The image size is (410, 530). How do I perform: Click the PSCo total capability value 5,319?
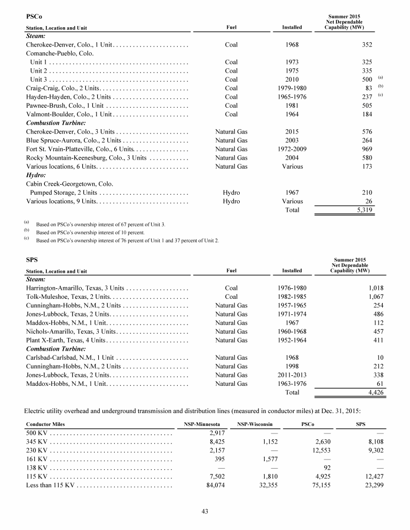coord(363,211)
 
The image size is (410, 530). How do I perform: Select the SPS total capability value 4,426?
coord(373,392)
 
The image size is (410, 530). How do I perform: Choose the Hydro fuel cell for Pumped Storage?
coord(231,193)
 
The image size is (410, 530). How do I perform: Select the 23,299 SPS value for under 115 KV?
coord(373,485)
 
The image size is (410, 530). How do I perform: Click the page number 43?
coord(204,511)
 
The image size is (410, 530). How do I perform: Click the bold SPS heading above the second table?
coord(31,260)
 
